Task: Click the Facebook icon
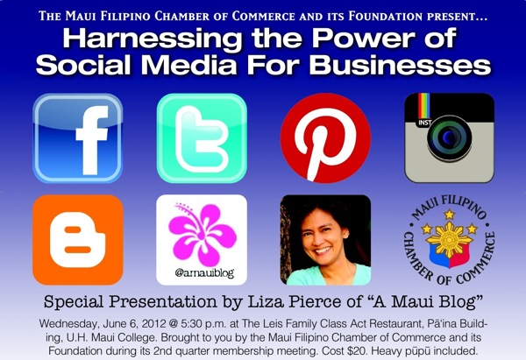coord(78,138)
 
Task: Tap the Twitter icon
coord(202,138)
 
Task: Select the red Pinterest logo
coord(325,138)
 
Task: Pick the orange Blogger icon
coord(78,240)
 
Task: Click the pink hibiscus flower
coord(203,233)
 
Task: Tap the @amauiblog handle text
coord(204,273)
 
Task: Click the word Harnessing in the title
coord(152,39)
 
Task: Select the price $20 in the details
coord(358,351)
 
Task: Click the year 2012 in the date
coord(153,324)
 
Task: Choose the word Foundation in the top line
coord(385,16)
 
